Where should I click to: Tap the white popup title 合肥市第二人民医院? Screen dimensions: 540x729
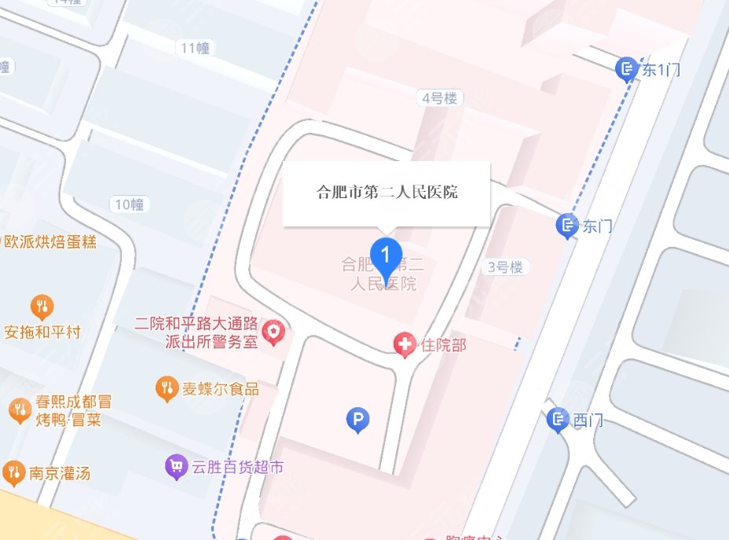(x=386, y=192)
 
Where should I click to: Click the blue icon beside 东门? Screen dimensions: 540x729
(x=566, y=226)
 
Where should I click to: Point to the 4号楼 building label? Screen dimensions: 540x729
(x=439, y=98)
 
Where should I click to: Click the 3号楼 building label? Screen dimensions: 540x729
(x=505, y=267)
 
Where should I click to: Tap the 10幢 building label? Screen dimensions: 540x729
(x=130, y=205)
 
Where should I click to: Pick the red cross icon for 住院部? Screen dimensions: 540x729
(x=405, y=344)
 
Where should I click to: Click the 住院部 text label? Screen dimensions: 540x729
(x=443, y=344)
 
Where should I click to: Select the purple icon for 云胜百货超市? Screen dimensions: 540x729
(x=175, y=468)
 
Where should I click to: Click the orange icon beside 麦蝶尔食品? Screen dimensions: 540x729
(x=167, y=388)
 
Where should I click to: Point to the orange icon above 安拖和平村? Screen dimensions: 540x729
(x=42, y=306)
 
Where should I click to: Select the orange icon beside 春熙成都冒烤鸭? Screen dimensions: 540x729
(x=19, y=410)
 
